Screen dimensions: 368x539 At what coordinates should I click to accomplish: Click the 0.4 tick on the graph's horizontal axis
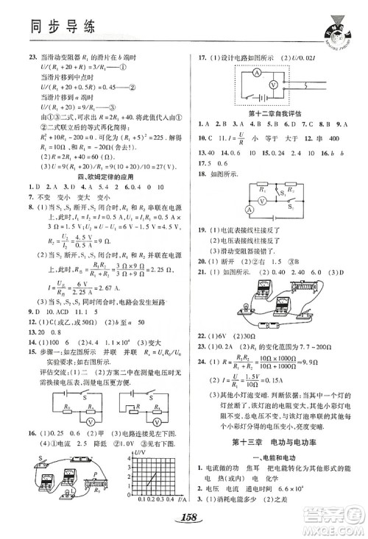tap(163, 501)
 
